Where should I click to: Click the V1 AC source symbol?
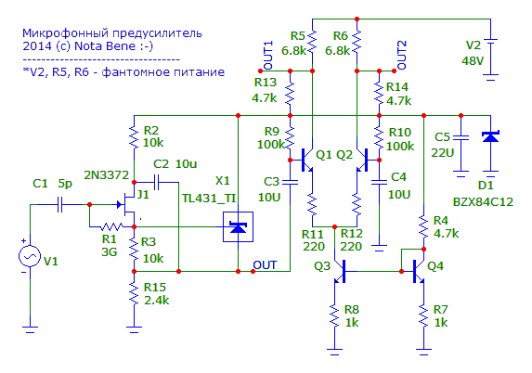tap(30, 256)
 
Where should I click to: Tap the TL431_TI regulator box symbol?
tap(238, 226)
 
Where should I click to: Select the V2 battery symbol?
tap(490, 57)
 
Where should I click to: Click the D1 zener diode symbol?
tap(490, 136)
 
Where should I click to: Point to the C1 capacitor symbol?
tap(60, 204)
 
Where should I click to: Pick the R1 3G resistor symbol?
tap(111, 226)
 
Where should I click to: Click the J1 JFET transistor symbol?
tap(127, 204)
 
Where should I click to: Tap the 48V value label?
tap(473, 61)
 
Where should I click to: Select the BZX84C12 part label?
tap(483, 202)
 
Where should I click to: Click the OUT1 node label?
tap(268, 56)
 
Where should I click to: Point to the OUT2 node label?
tap(402, 56)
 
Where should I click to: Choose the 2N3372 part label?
tap(107, 175)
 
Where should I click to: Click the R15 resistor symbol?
tap(134, 294)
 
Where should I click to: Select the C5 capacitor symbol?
tap(461, 137)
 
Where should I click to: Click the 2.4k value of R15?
tap(156, 301)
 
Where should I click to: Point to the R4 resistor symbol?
tap(423, 226)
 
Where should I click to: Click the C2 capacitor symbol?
tap(157, 183)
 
